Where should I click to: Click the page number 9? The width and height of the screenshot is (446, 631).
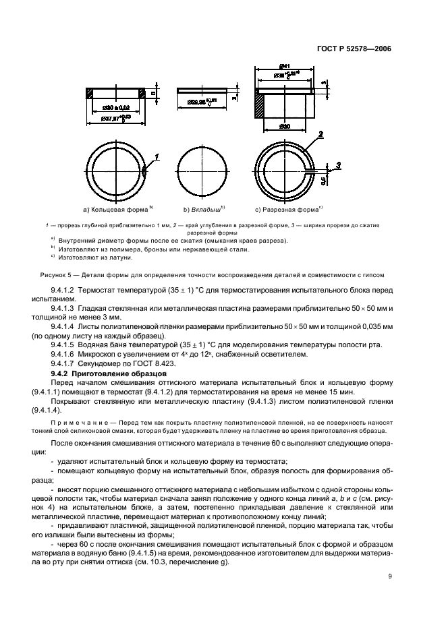[x=390, y=576]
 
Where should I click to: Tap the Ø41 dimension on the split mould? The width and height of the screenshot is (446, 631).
[x=284, y=66]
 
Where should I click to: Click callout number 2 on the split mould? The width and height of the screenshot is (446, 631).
[x=320, y=134]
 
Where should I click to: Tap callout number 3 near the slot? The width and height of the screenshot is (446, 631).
[x=339, y=164]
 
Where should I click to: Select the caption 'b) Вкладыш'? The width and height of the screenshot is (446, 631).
[x=204, y=208]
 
